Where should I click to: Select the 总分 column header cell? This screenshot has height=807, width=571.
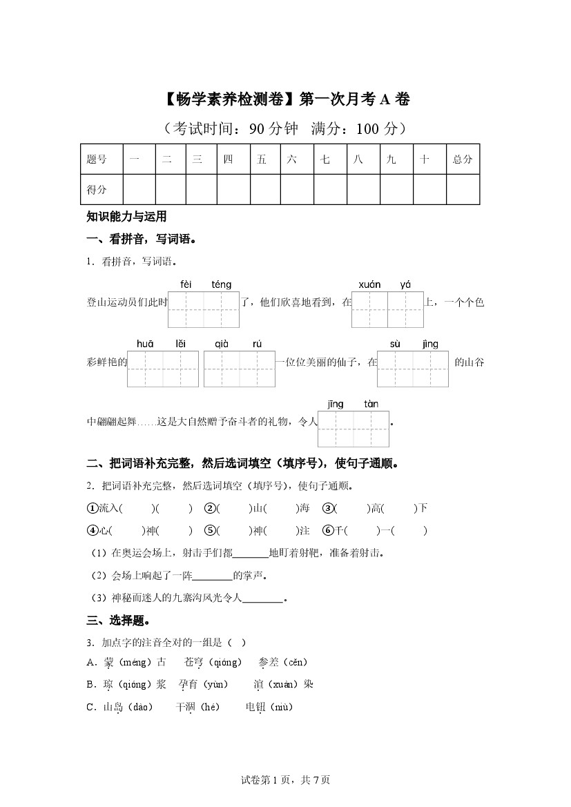point(463,159)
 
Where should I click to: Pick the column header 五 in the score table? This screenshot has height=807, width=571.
point(262,159)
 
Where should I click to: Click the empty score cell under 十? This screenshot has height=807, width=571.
point(429,190)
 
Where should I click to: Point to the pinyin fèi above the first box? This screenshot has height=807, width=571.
point(186,284)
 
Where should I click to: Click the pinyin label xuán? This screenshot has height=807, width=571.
point(370,284)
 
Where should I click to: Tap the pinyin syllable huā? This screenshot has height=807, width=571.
point(145,344)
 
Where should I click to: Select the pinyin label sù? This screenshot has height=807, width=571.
point(395,344)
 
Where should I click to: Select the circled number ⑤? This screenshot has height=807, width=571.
point(210,531)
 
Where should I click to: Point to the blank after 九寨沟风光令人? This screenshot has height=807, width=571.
point(263,598)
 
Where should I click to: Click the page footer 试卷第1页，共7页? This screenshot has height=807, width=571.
point(285,780)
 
